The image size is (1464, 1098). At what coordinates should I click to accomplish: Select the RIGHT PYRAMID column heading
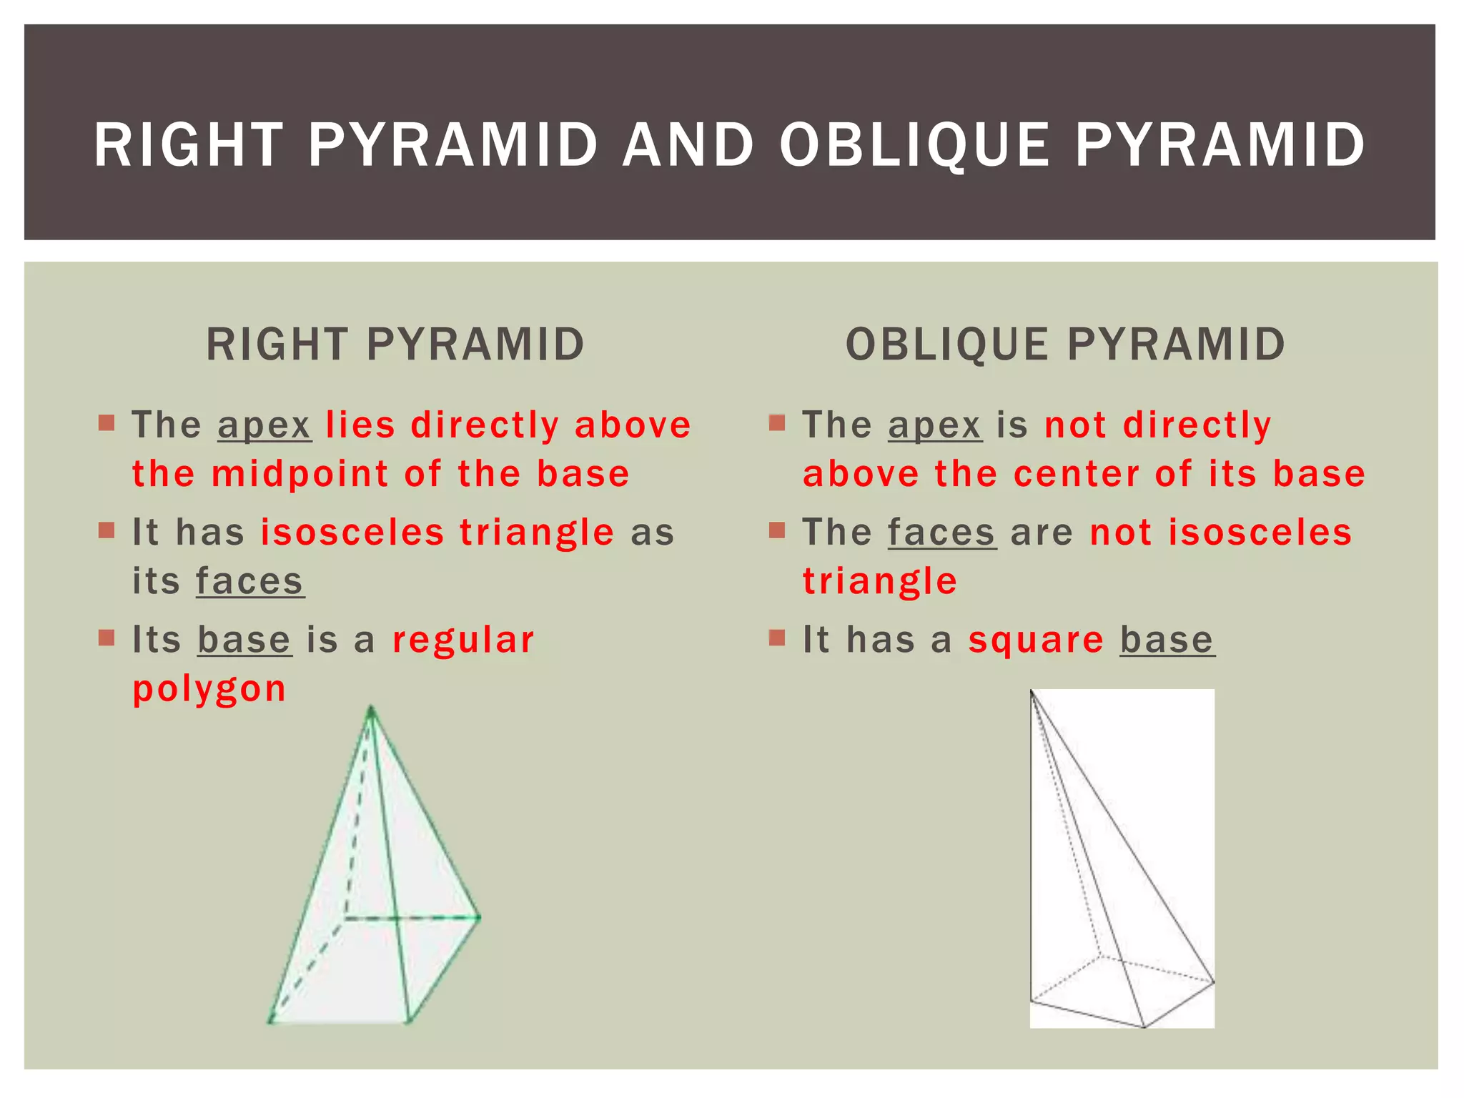click(x=395, y=345)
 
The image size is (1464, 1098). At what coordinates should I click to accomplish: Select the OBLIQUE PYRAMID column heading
click(x=1065, y=345)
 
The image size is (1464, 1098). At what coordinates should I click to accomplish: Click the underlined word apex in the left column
click(x=264, y=426)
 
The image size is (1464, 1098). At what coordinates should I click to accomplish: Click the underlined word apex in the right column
click(x=935, y=426)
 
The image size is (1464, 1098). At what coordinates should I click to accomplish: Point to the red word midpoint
click(x=300, y=475)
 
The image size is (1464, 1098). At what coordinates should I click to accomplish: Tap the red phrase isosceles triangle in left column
click(x=437, y=533)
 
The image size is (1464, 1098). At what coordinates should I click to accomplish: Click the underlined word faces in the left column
click(x=249, y=581)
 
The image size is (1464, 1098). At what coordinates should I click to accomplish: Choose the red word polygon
click(x=209, y=689)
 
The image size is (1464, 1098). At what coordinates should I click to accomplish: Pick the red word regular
click(x=463, y=640)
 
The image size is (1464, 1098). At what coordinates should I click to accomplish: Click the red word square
click(x=1036, y=640)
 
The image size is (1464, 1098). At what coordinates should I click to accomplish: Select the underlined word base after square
click(x=1167, y=640)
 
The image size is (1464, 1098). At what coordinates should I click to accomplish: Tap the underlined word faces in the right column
click(x=941, y=533)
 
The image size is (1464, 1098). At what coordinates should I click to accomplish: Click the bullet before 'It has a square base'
click(x=777, y=637)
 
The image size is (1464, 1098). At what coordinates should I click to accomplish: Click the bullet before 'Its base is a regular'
click(x=107, y=637)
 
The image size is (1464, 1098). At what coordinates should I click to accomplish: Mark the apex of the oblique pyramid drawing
click(x=1032, y=692)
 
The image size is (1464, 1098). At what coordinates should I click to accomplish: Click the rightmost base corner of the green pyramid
click(x=479, y=917)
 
